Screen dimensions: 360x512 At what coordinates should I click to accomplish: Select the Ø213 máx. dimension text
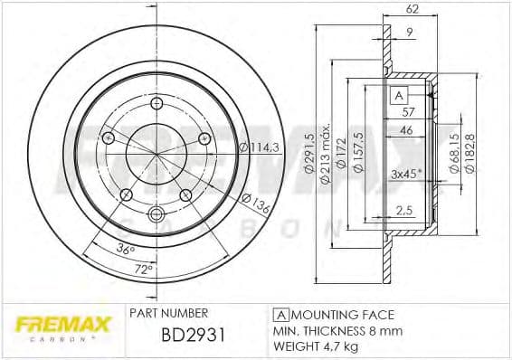pos(327,153)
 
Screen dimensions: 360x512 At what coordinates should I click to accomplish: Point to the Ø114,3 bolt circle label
pos(258,147)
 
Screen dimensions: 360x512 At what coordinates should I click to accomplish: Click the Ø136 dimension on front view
pos(259,205)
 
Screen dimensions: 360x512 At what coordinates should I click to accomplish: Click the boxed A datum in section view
pos(396,95)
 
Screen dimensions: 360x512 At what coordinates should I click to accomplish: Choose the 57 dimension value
pos(409,111)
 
